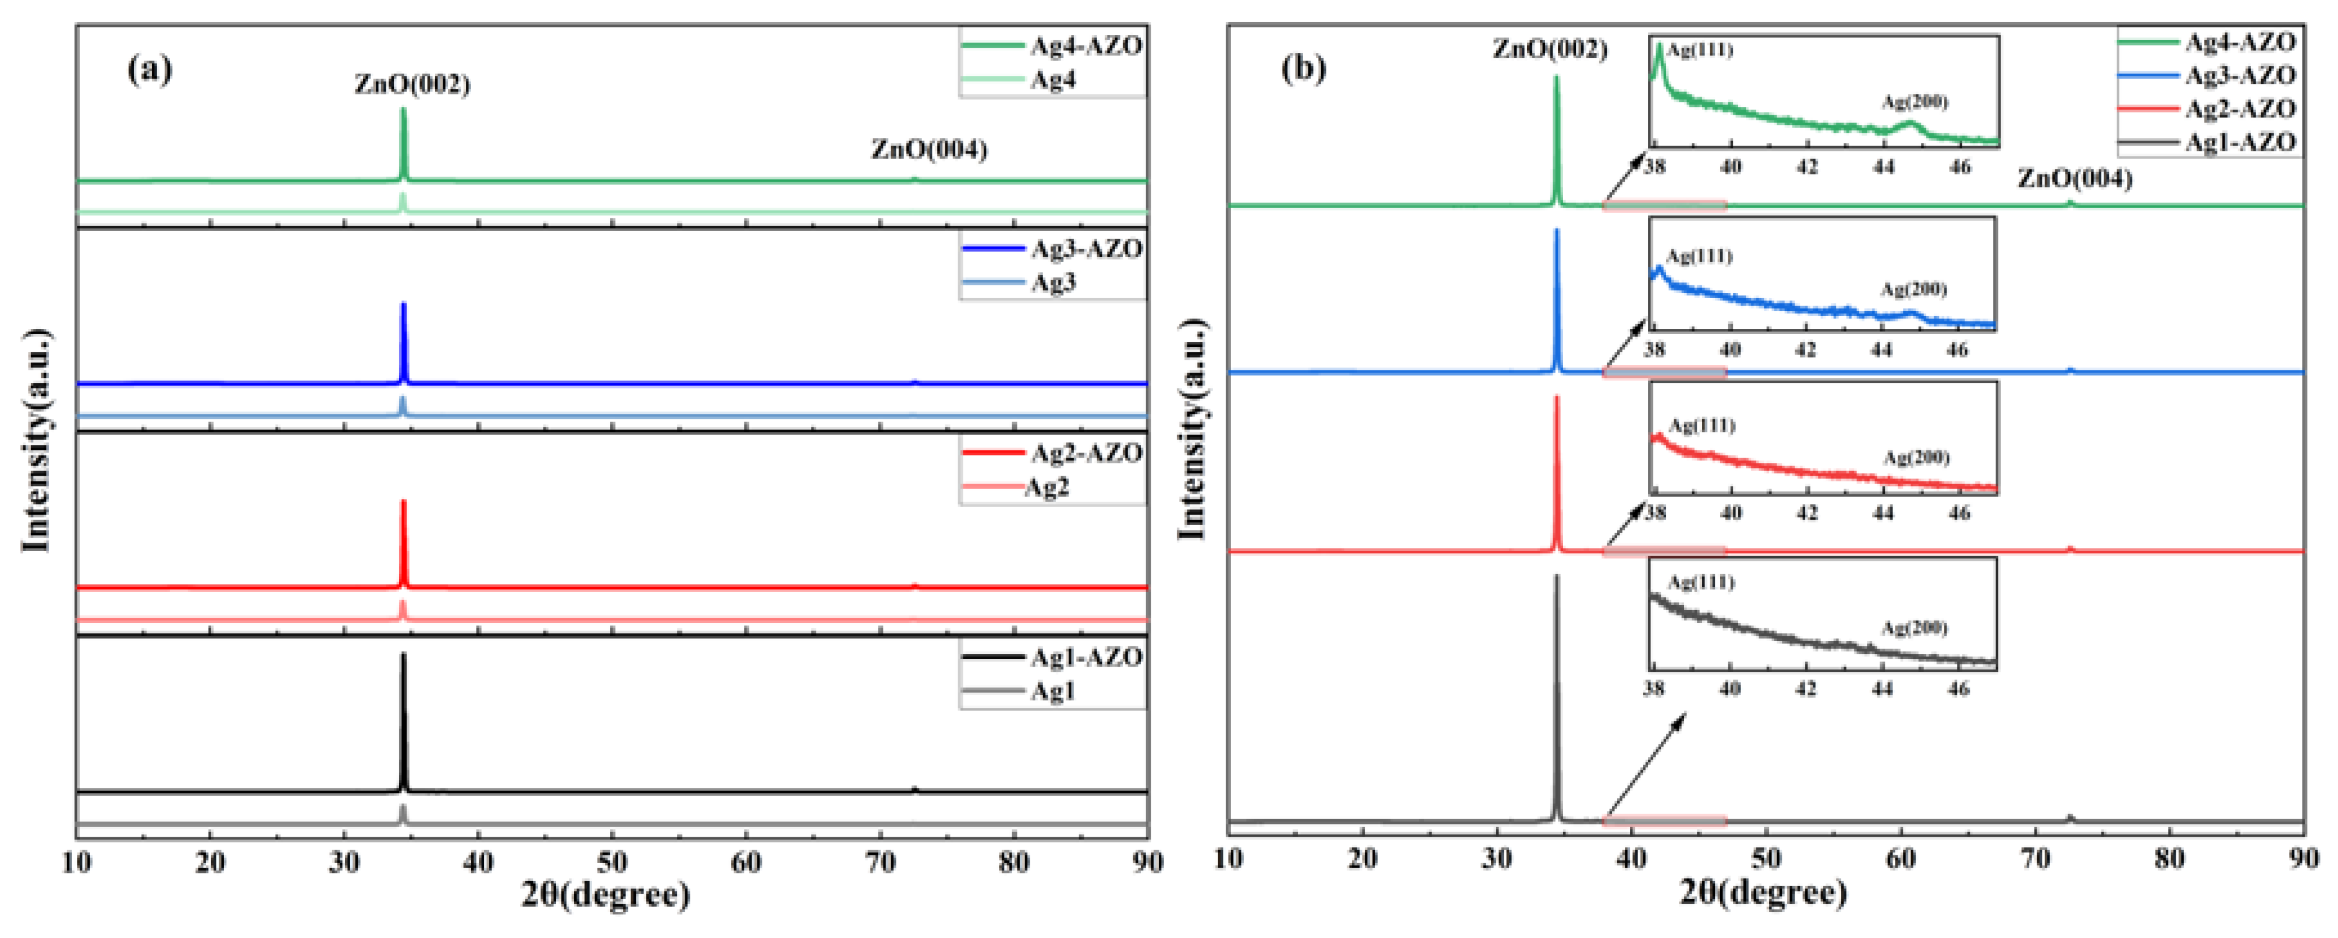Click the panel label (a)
pos(150,69)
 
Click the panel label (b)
pos(1303,69)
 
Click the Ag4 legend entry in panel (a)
pos(1053,80)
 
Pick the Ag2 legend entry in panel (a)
pos(1047,487)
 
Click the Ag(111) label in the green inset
pos(1700,51)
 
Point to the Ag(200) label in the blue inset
pos(1913,289)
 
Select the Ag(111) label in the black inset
pos(1701,582)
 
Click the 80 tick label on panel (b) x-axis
pos(2169,859)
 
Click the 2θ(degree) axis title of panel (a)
pos(606,896)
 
